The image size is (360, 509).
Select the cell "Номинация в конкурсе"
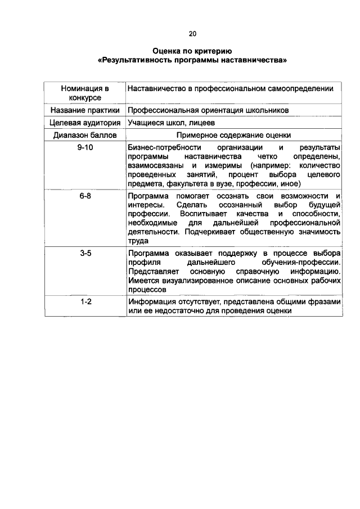[x=85, y=93]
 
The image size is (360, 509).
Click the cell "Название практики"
[x=85, y=111]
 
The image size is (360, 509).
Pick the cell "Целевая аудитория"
[x=85, y=123]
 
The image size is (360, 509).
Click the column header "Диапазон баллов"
[x=85, y=135]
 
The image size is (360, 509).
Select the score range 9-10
[x=85, y=147]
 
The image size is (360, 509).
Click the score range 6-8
[x=85, y=196]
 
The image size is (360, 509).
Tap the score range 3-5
[x=85, y=254]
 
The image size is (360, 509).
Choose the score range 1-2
[x=85, y=302]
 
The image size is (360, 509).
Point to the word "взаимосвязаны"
[x=154, y=165]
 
